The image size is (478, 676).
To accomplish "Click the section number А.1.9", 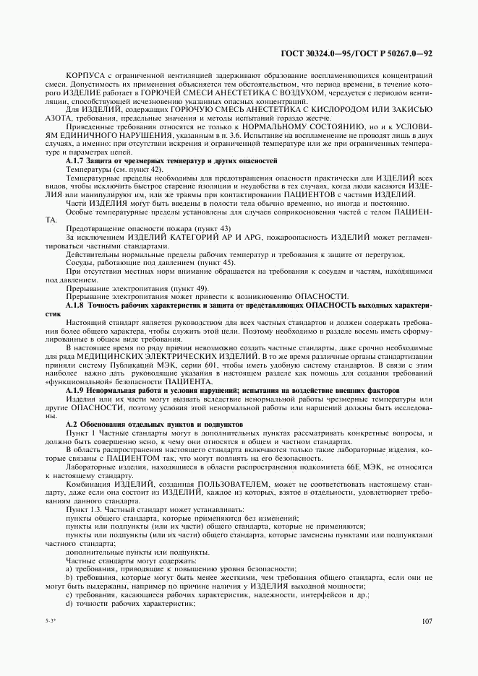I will click(77, 391).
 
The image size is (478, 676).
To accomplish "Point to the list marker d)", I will click(69, 602).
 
